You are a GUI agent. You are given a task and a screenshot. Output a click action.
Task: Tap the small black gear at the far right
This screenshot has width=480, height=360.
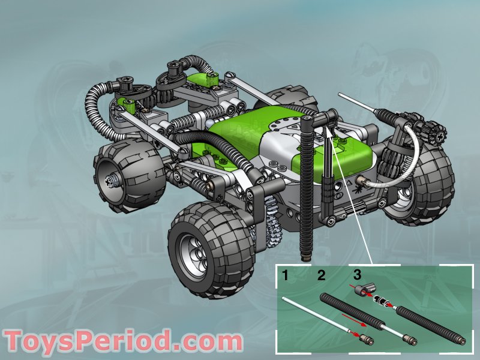click(434, 133)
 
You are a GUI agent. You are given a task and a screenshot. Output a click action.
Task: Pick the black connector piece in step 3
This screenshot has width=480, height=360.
click(362, 292)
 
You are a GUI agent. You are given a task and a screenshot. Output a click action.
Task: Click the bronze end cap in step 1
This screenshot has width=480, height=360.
click(364, 340)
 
